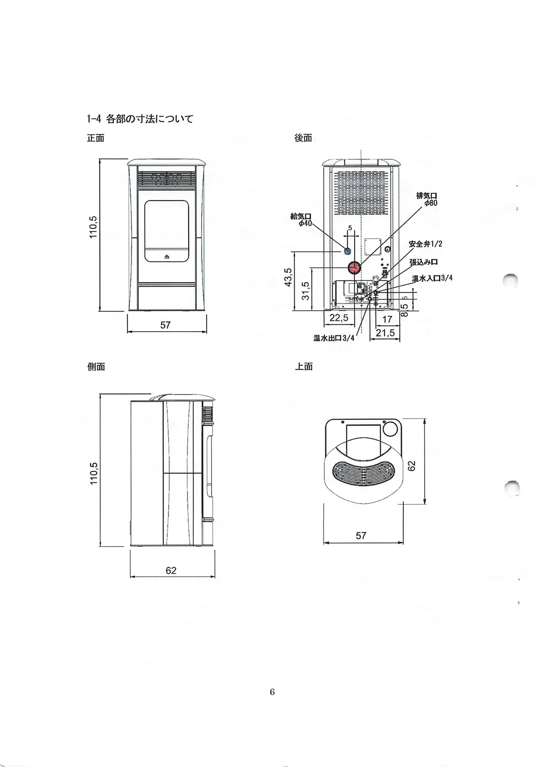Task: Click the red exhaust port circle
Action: [354, 268]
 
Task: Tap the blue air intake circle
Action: [348, 250]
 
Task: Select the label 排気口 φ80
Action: [427, 199]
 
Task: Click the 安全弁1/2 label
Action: [425, 244]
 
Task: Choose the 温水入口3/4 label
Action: [432, 278]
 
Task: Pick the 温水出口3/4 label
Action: [334, 338]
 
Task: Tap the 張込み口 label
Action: [424, 262]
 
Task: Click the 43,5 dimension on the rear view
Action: [288, 277]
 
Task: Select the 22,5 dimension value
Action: [339, 318]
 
